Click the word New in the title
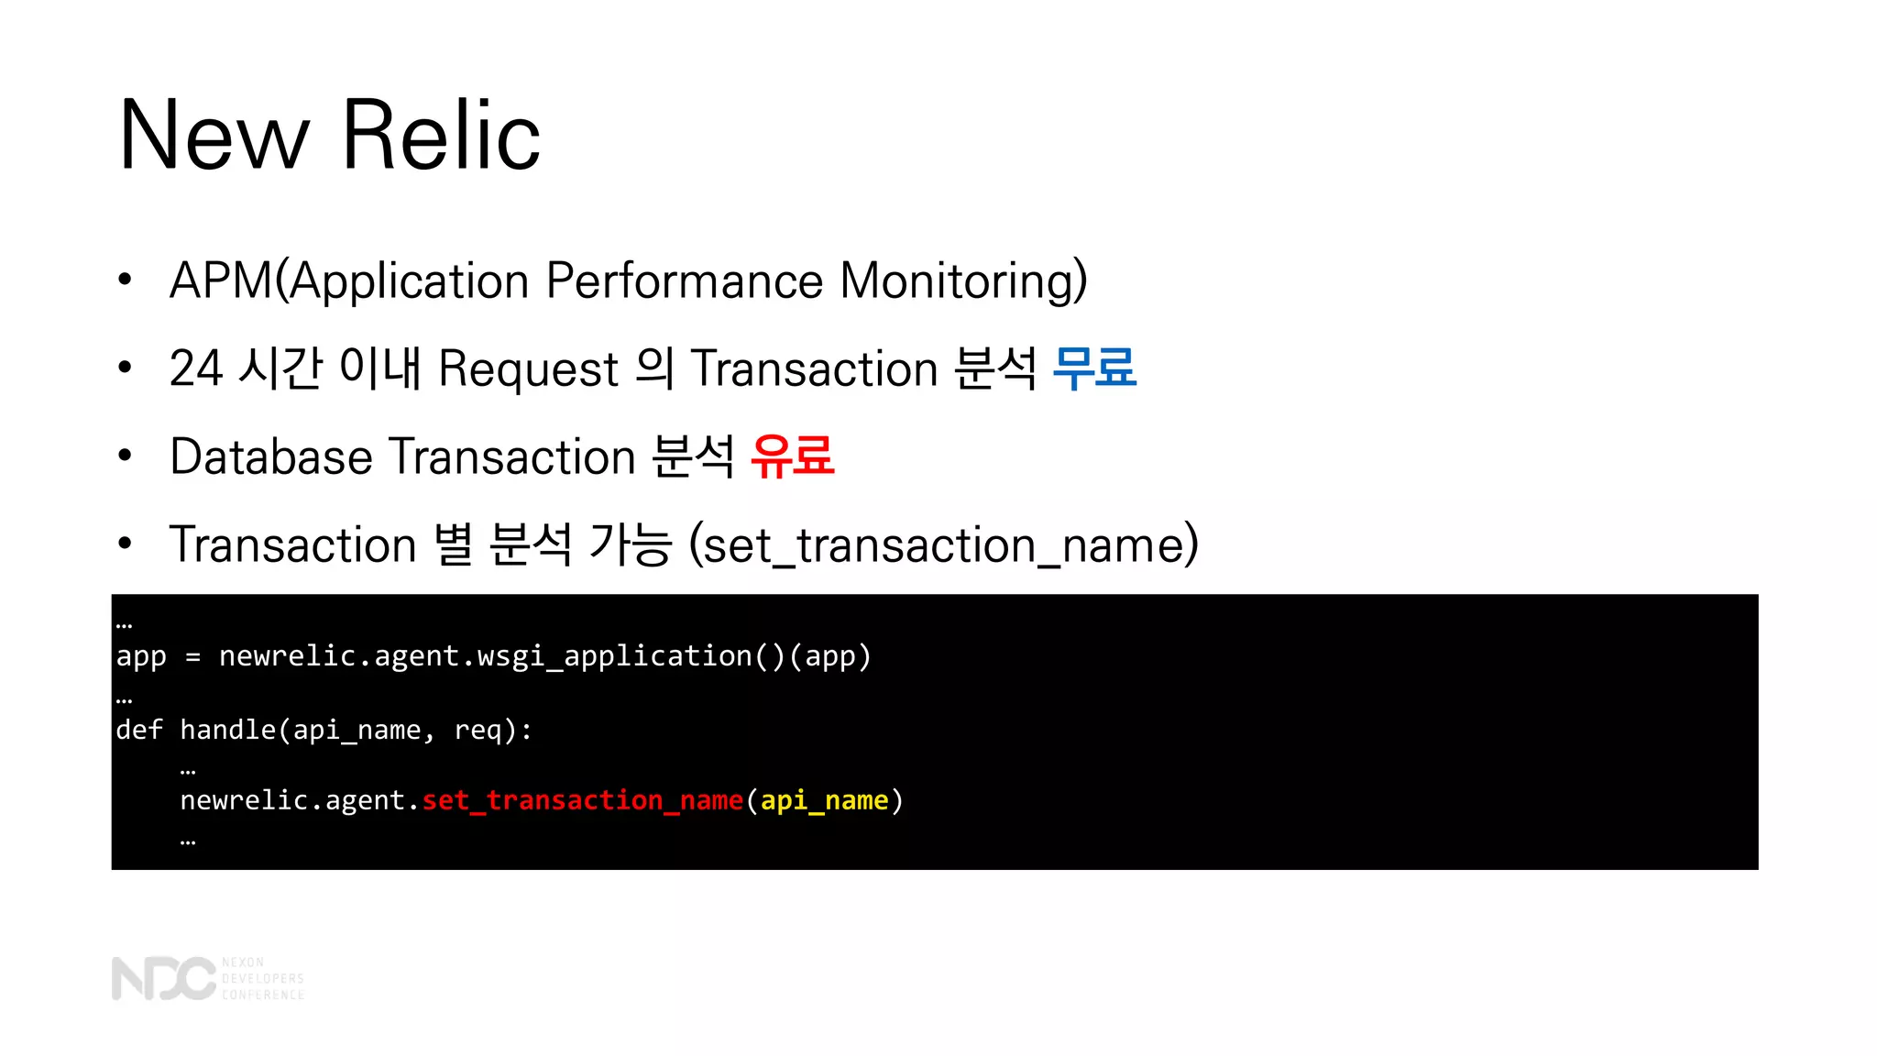(x=214, y=136)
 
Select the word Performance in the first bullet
(x=684, y=280)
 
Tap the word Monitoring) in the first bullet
(x=963, y=280)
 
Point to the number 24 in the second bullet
(x=196, y=368)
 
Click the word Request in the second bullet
(x=529, y=369)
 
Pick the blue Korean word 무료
(x=1094, y=368)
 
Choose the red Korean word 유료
(x=793, y=456)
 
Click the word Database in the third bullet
(x=271, y=456)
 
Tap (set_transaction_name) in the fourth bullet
(x=943, y=544)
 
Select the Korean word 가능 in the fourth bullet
(x=631, y=544)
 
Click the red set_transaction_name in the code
(x=582, y=800)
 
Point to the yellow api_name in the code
(x=825, y=800)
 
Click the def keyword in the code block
(x=138, y=730)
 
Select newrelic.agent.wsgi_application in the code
(x=485, y=656)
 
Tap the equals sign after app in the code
(x=192, y=657)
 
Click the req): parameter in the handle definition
(x=493, y=730)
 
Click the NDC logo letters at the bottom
(x=163, y=978)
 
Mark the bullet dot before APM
(x=126, y=280)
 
